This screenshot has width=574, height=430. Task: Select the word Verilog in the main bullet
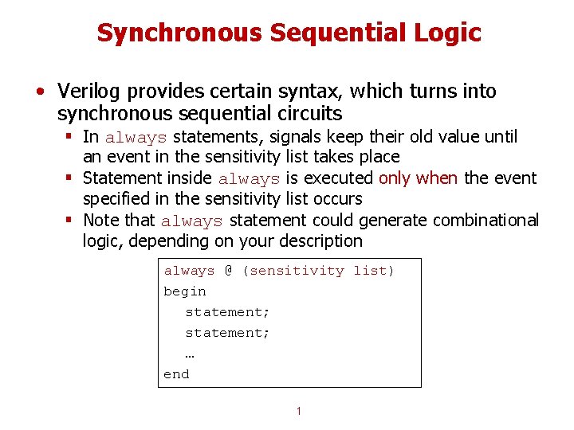point(88,92)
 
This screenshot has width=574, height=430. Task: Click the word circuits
point(308,113)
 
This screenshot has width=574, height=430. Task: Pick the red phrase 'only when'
point(419,178)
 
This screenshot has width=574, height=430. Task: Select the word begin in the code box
point(185,291)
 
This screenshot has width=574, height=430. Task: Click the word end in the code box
point(176,374)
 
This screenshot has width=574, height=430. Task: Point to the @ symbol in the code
point(228,271)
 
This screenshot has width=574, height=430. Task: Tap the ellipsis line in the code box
point(190,354)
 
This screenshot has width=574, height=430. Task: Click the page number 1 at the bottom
point(298,412)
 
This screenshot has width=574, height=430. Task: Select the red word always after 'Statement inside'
point(249,179)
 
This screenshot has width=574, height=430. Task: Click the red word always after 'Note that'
point(191,221)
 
